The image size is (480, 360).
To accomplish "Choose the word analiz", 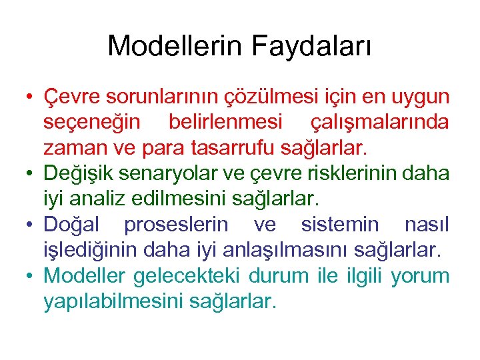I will coord(96,198).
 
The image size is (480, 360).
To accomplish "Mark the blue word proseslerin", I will coord(175,224).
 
